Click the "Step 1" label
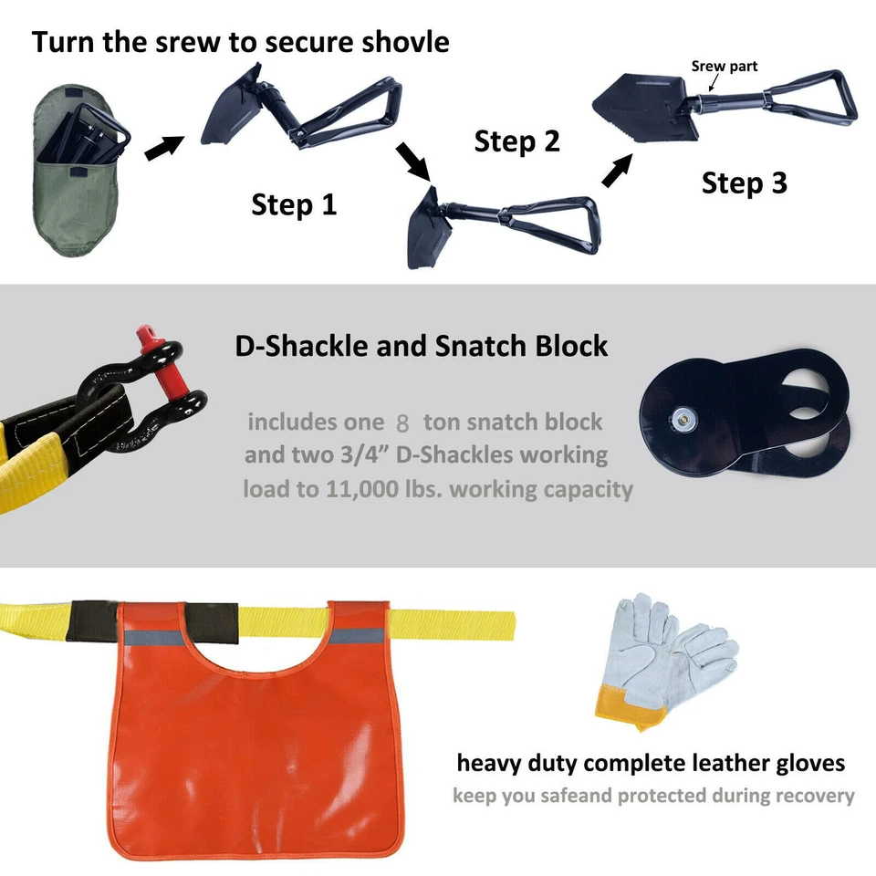click(x=294, y=204)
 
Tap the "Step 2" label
click(x=516, y=142)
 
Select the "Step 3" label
click(x=744, y=183)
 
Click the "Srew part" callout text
click(x=724, y=67)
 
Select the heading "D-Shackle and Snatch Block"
click(x=421, y=347)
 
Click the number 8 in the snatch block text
click(x=402, y=423)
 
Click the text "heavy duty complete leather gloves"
click(x=651, y=762)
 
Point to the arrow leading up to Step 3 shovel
click(x=618, y=171)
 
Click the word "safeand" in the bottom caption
click(x=577, y=795)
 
